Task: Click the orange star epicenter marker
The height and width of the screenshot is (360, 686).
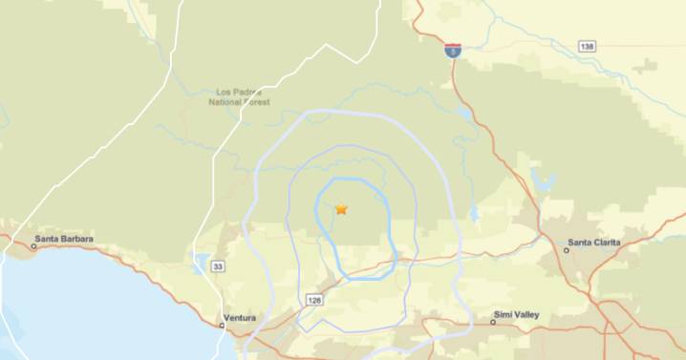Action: click(x=341, y=209)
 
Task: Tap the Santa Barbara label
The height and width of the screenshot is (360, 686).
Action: click(x=63, y=239)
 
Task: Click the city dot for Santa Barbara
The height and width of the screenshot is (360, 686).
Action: click(x=33, y=246)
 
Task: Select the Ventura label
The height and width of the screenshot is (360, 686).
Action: click(x=239, y=316)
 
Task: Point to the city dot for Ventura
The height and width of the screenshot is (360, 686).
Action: click(x=223, y=326)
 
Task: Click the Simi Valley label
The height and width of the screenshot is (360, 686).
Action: click(x=518, y=313)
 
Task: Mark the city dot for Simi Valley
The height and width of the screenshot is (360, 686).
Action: click(x=493, y=322)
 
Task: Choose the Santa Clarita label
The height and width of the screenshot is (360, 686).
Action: click(x=593, y=243)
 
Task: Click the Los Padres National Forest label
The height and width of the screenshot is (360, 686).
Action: click(x=240, y=97)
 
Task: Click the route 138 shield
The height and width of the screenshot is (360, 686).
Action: click(x=588, y=46)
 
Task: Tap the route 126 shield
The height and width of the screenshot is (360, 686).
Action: click(x=315, y=300)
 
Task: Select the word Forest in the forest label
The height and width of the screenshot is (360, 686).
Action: click(x=255, y=102)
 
